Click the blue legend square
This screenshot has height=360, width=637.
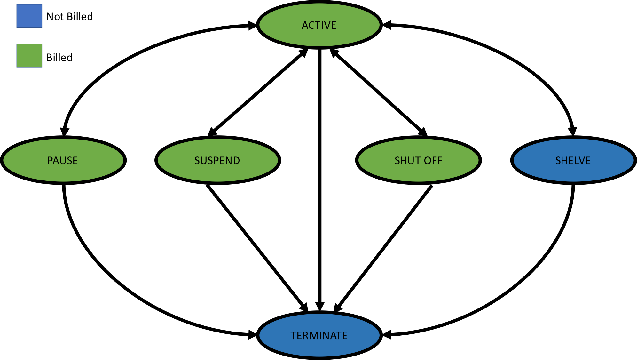29,16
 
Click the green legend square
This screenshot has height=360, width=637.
29,56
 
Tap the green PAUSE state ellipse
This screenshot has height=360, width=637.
63,172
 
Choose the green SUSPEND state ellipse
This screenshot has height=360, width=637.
217,172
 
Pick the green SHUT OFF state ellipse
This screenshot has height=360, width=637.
418,172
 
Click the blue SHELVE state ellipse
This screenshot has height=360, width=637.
573,172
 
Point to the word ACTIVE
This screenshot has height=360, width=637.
319,25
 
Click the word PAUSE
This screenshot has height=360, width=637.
62,161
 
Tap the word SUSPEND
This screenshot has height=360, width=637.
217,161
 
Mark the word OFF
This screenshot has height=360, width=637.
433,161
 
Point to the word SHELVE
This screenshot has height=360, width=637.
573,161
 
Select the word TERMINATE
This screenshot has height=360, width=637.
319,336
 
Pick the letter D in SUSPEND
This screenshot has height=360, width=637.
236,161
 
